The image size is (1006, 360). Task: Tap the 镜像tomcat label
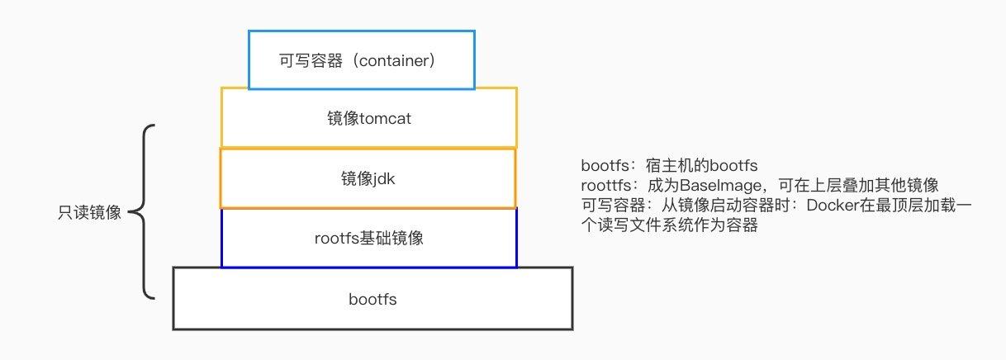coord(369,119)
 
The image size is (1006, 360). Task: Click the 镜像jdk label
coord(369,178)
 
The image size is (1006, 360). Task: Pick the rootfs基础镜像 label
coord(369,239)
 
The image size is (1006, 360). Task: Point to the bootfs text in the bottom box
coord(373,300)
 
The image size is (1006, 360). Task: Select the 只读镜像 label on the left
coord(86,213)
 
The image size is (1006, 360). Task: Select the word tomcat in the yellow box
coord(385,119)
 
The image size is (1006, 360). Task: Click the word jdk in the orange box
coord(385,178)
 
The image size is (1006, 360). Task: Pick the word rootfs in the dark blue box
coord(335,239)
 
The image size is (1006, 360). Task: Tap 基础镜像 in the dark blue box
coord(391,239)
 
